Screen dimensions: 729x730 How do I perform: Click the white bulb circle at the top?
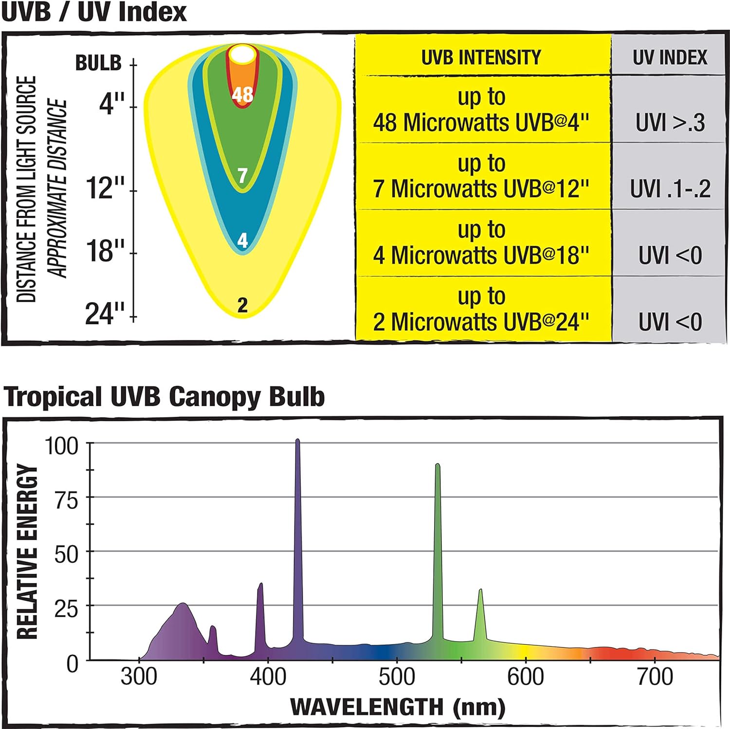click(x=242, y=55)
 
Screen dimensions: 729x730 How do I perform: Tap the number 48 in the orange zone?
click(x=242, y=94)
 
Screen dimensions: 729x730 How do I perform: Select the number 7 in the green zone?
click(x=242, y=175)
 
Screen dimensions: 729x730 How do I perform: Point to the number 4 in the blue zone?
click(x=242, y=240)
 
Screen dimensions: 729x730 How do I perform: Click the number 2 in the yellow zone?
click(x=242, y=305)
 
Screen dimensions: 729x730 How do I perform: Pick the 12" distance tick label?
click(x=105, y=188)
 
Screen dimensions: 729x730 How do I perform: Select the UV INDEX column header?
click(x=670, y=57)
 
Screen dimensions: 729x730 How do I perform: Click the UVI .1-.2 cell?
click(x=670, y=189)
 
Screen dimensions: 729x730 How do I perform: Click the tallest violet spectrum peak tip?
click(x=297, y=441)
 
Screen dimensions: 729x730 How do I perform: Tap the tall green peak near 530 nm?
click(x=438, y=466)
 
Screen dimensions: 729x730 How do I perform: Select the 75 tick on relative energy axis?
click(x=66, y=500)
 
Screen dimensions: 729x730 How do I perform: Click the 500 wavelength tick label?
click(x=397, y=677)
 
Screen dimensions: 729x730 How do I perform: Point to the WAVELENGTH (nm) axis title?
click(x=397, y=707)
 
